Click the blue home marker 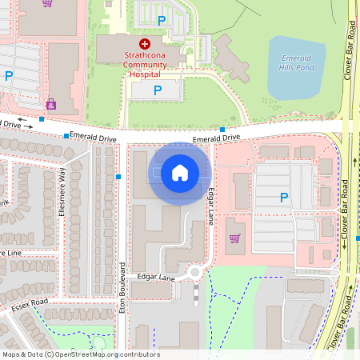[x=180, y=172]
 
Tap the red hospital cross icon [x=144, y=43]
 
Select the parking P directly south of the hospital [x=157, y=91]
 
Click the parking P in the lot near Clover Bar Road [x=283, y=198]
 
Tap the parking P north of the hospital [x=162, y=20]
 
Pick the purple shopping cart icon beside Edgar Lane [x=234, y=238]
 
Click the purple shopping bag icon [x=51, y=104]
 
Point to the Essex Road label [x=30, y=304]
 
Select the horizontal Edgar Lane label [x=156, y=278]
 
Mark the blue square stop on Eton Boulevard [x=118, y=176]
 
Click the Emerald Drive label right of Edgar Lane [x=217, y=138]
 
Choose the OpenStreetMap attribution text [x=81, y=354]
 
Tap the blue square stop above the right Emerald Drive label [x=222, y=129]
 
